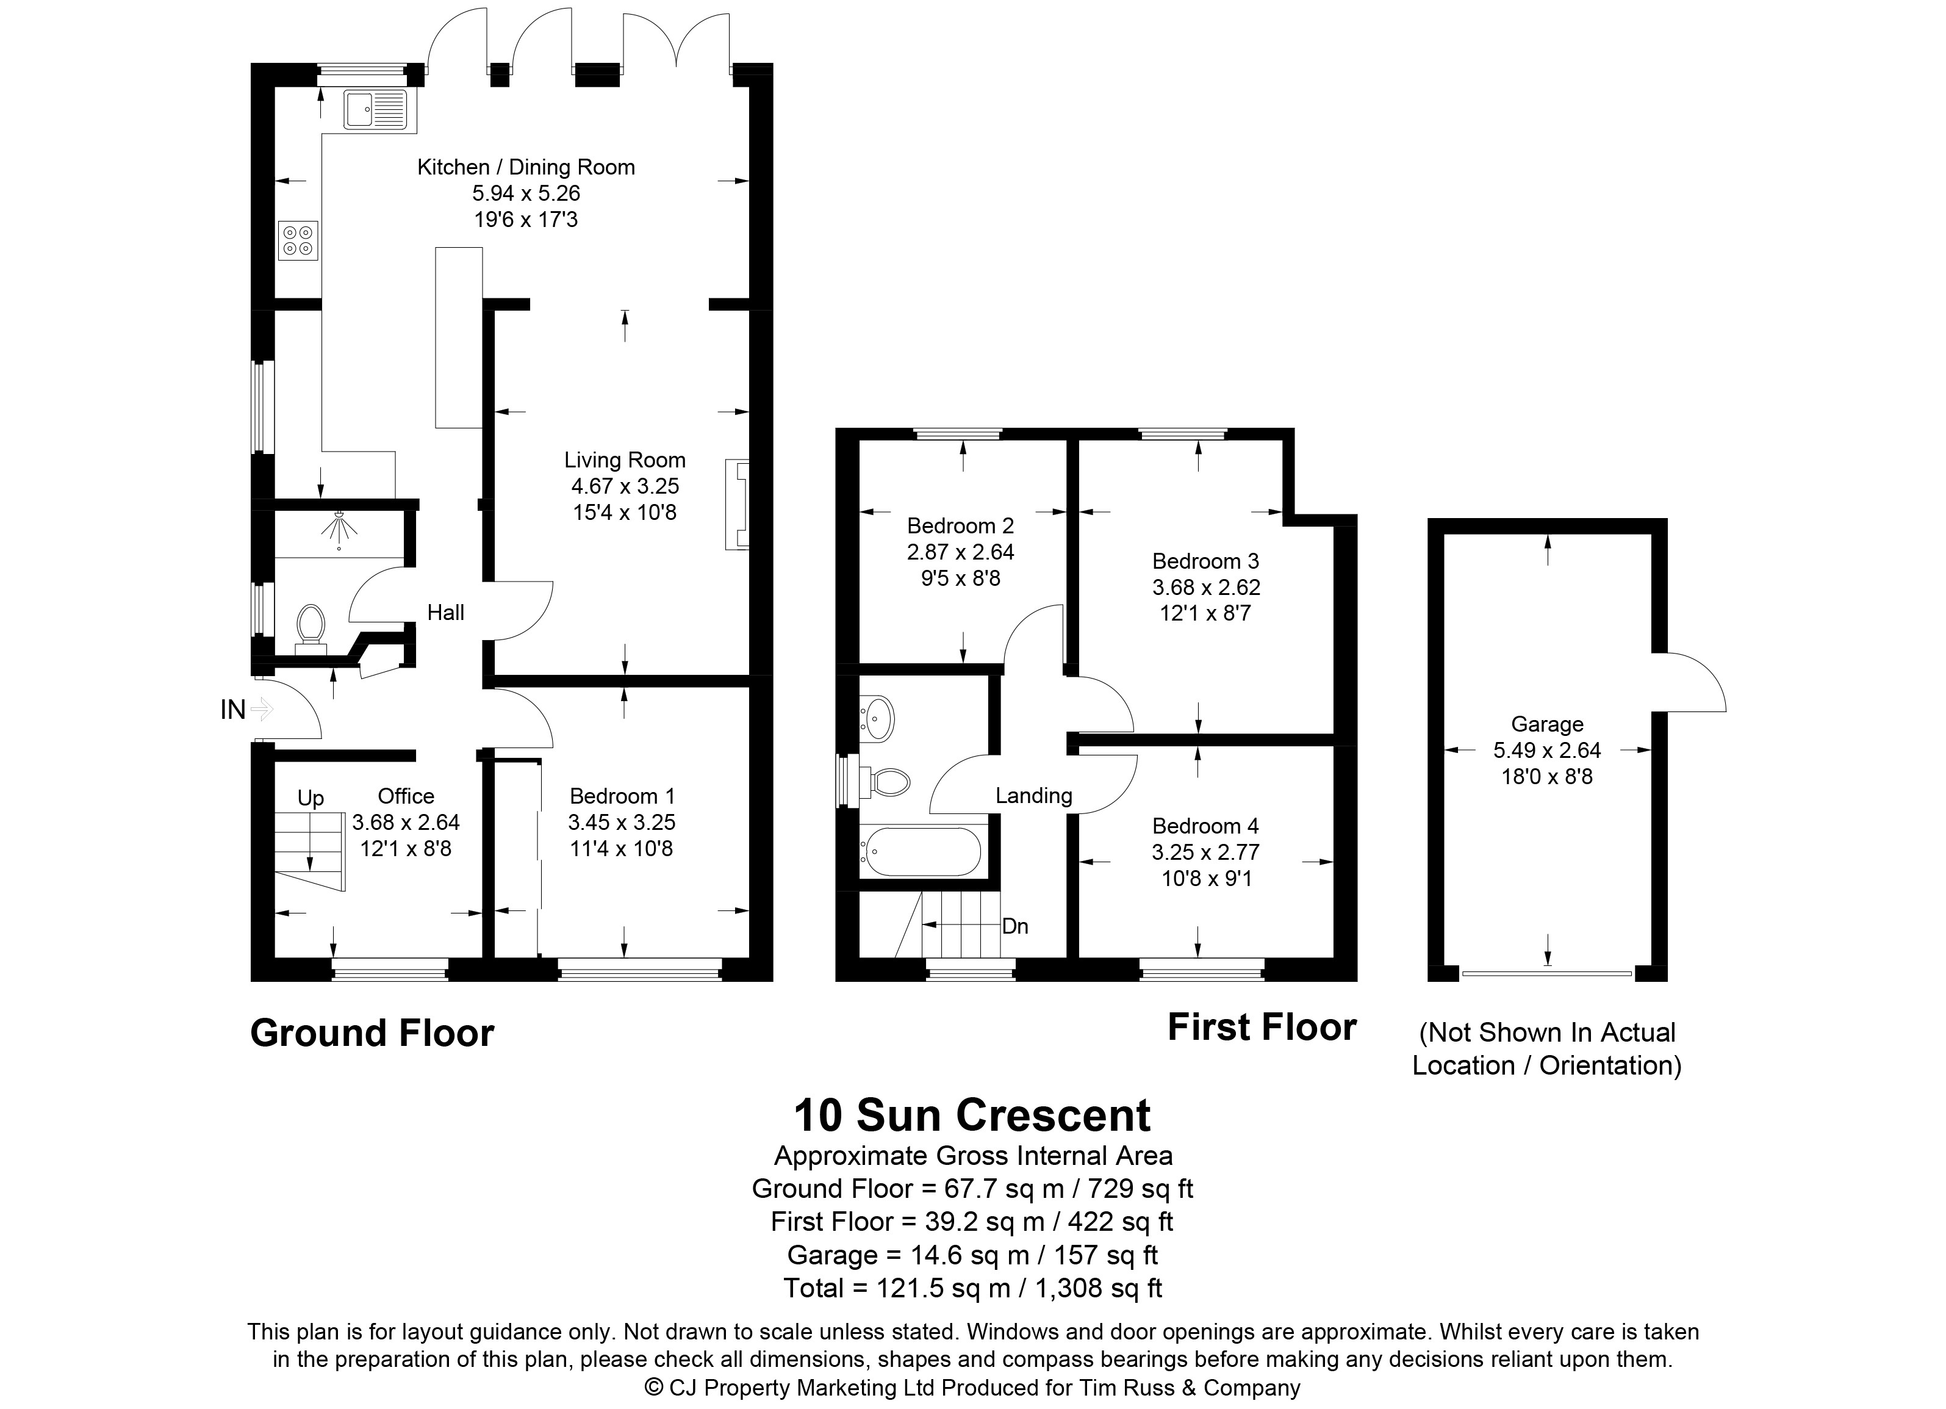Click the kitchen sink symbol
376,109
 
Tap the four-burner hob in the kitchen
298,240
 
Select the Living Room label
625,460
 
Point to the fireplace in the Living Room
737,505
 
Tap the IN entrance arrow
262,710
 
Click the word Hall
445,613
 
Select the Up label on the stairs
311,799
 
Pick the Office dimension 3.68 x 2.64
406,822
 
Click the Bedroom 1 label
622,796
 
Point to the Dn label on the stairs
1015,927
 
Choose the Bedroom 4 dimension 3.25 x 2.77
1205,852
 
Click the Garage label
1547,724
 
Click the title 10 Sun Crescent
972,1115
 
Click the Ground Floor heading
372,1032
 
